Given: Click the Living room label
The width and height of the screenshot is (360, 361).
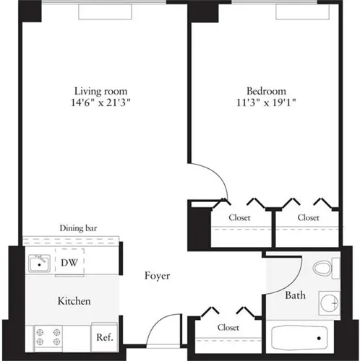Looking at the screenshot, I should pyautogui.click(x=101, y=91).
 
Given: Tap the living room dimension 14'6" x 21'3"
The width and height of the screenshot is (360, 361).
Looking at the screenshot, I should pyautogui.click(x=101, y=103).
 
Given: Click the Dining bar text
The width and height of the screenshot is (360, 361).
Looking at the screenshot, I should pyautogui.click(x=79, y=229).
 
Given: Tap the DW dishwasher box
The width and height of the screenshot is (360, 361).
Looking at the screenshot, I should pyautogui.click(x=70, y=263).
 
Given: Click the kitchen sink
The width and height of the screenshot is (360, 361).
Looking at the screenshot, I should pyautogui.click(x=39, y=264).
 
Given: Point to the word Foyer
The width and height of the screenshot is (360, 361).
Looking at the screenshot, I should pyautogui.click(x=157, y=275).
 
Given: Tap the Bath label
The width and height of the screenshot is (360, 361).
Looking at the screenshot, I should pyautogui.click(x=295, y=295).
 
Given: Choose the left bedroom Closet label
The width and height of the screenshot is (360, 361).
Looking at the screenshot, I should pyautogui.click(x=240, y=217).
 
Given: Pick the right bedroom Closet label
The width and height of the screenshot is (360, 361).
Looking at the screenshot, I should pyautogui.click(x=308, y=217).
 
